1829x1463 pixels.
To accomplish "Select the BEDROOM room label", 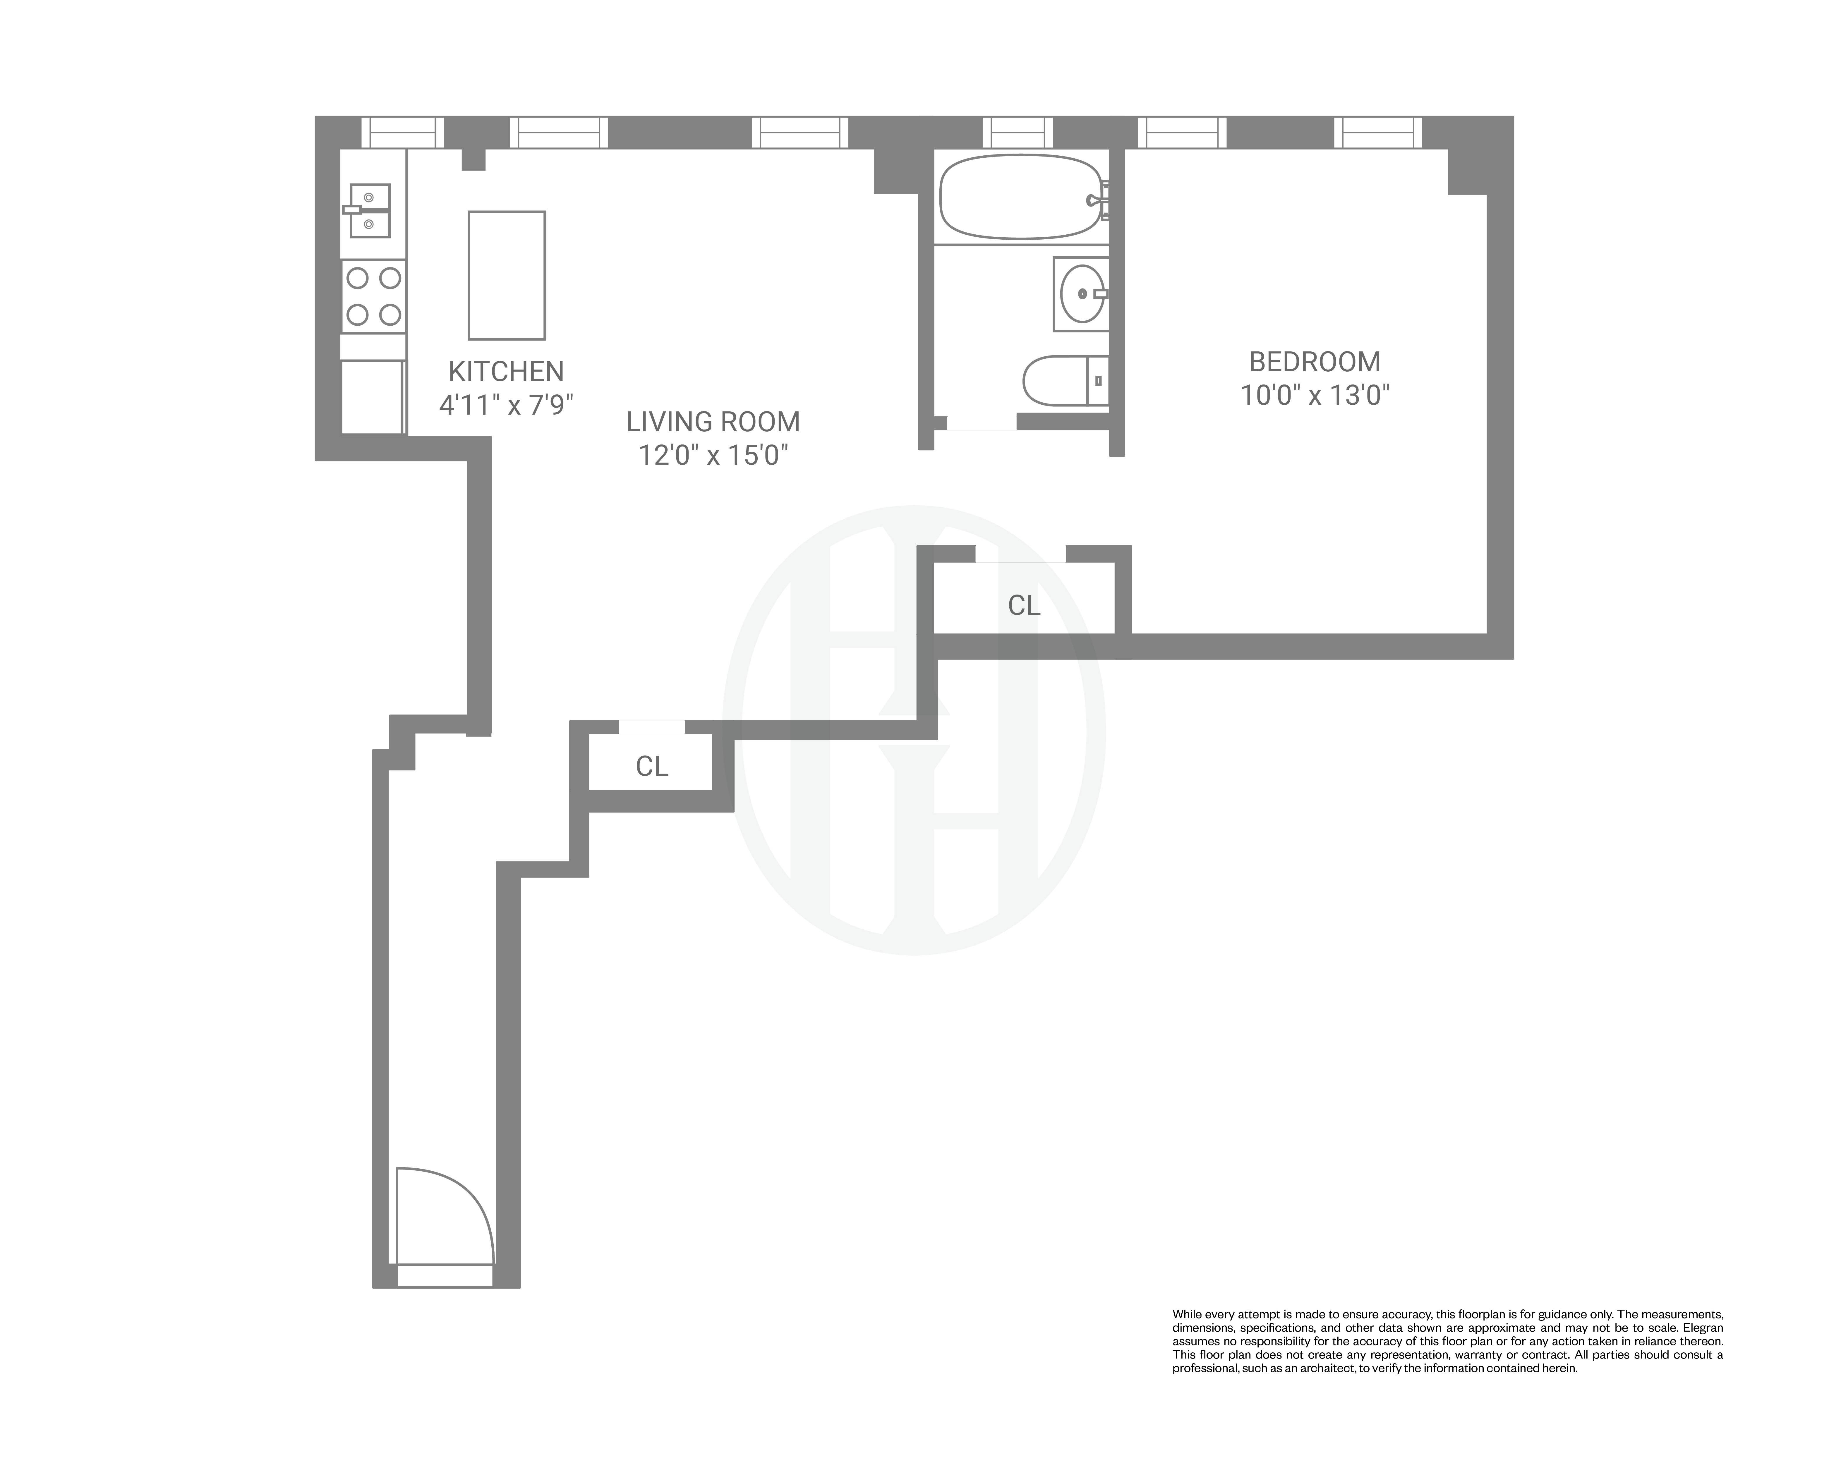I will point(1314,362).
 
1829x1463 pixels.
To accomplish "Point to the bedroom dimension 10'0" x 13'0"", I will point(1314,395).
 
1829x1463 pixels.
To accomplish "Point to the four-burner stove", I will point(373,296).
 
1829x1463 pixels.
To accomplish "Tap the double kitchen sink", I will point(370,210).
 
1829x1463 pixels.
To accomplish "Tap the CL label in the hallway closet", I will point(651,767).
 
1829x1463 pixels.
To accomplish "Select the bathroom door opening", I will point(982,422).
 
